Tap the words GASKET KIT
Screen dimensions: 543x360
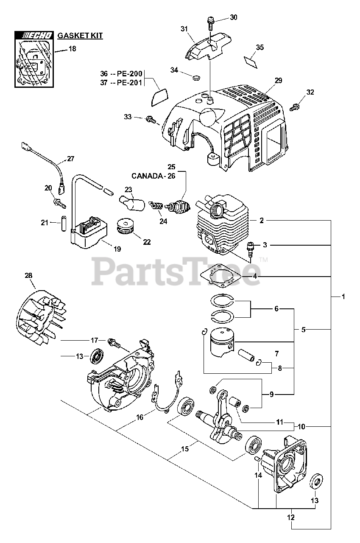[x=80, y=36]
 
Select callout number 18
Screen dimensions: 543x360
[x=73, y=49]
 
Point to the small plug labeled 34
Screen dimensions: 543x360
[x=196, y=77]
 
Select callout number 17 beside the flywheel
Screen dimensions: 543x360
[x=94, y=340]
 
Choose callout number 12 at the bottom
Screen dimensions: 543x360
[x=291, y=518]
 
